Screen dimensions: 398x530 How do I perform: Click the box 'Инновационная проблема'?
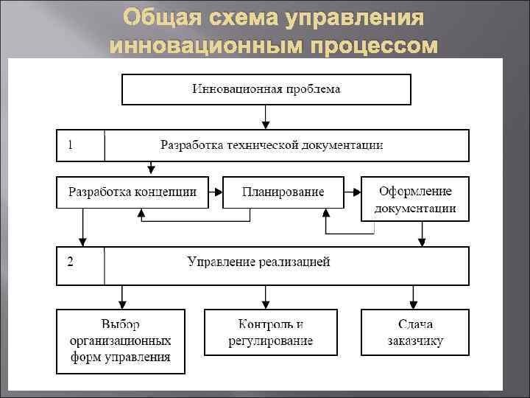pos(266,89)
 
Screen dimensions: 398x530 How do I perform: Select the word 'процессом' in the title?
pos(373,46)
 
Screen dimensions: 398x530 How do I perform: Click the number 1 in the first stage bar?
pos(70,145)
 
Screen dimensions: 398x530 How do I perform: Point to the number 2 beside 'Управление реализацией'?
pos(70,262)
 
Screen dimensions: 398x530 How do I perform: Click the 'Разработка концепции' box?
pos(132,192)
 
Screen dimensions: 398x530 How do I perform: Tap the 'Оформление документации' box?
pos(415,200)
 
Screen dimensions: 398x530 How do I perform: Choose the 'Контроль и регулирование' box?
pos(271,332)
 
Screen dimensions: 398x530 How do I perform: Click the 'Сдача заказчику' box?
pos(415,332)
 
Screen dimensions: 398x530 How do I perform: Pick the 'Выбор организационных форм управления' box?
pos(121,341)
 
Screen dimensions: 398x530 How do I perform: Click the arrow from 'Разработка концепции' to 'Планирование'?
pos(214,192)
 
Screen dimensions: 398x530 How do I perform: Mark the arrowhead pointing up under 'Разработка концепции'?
pos(142,214)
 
